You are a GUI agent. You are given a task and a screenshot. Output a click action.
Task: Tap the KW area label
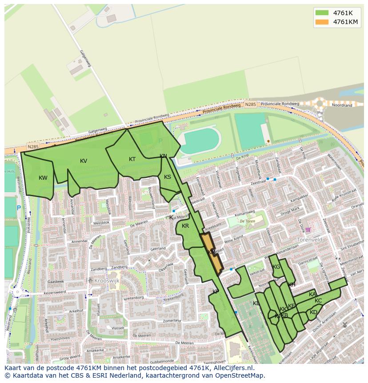(43, 178)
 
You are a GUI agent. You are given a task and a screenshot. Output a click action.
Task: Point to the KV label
(84, 161)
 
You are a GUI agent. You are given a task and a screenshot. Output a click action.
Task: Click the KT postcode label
(132, 159)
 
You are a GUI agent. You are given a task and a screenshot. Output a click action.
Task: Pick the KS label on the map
(168, 177)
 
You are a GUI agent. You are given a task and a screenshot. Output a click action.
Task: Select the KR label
(185, 226)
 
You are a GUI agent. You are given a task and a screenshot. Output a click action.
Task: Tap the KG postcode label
(276, 267)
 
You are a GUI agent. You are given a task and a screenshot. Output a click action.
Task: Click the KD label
(313, 312)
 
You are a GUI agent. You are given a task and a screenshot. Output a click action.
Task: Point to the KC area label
(318, 301)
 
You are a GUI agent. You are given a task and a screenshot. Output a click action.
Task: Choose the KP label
(216, 292)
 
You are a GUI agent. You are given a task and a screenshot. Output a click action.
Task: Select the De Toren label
(247, 221)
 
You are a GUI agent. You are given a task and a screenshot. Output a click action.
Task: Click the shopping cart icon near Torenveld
(308, 230)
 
